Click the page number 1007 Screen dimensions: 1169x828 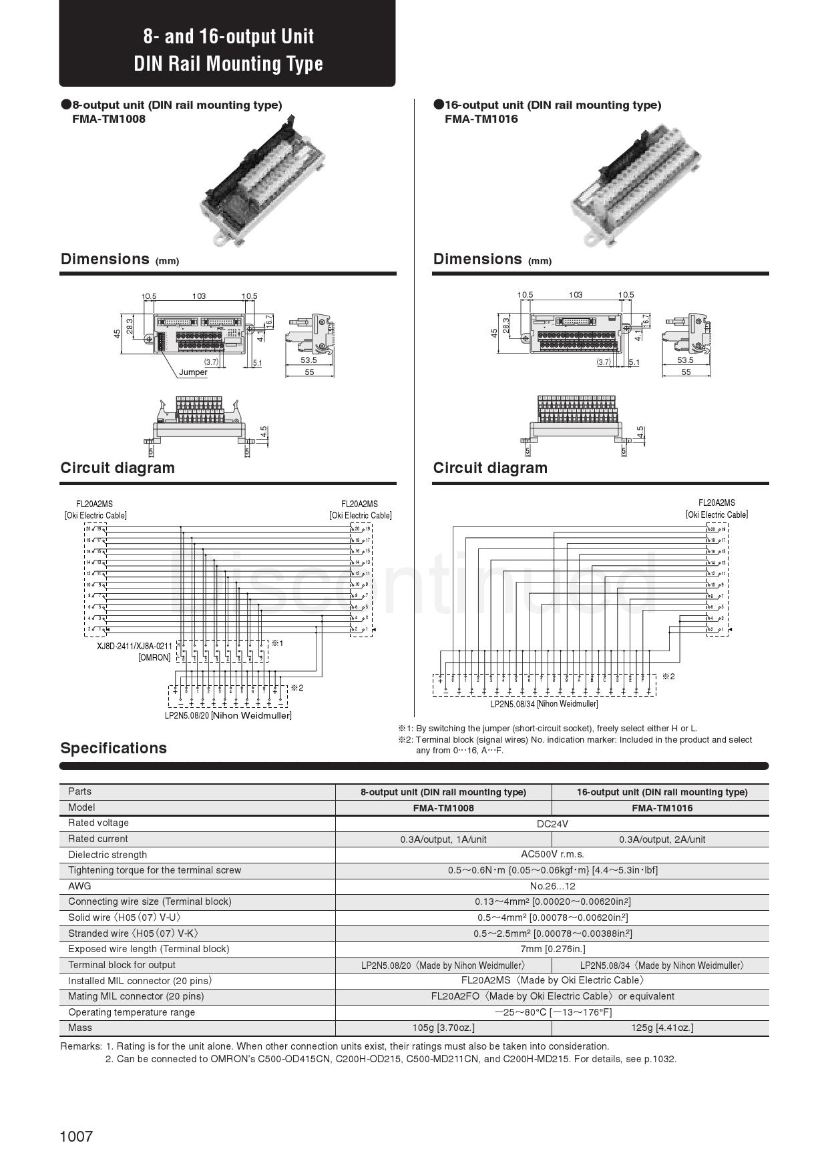[76, 1136]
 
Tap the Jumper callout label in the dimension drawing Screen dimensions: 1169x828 [193, 372]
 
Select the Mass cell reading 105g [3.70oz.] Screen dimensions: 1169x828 [443, 1028]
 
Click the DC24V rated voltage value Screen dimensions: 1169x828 [552, 823]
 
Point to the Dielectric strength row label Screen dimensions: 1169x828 [108, 855]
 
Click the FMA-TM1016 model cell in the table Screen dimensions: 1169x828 [662, 808]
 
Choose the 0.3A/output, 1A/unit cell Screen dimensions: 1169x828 [443, 839]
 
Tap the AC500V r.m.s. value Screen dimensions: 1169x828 [552, 854]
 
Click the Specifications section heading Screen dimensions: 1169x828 [114, 748]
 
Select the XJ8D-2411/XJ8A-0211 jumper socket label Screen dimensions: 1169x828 [134, 646]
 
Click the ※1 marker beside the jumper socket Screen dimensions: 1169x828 [277, 643]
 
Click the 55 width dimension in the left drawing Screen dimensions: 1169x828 [309, 372]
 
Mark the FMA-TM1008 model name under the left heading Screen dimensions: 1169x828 [108, 119]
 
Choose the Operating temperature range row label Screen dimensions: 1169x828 [132, 1012]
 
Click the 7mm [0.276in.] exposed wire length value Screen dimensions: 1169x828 [552, 949]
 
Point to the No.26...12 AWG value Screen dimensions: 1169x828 [552, 886]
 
